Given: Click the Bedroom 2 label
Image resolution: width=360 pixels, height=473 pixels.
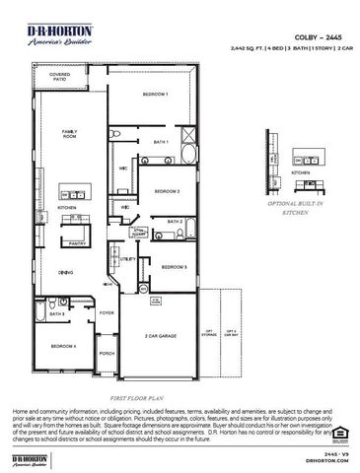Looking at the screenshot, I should pyautogui.click(x=165, y=191).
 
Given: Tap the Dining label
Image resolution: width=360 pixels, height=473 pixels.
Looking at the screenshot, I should pyautogui.click(x=65, y=272).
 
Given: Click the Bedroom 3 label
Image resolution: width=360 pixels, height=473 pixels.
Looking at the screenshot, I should pyautogui.click(x=174, y=267).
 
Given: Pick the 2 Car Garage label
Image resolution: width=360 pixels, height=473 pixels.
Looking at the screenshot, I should pyautogui.click(x=161, y=336).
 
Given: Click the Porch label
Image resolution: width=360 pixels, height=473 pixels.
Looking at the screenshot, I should pyautogui.click(x=107, y=353).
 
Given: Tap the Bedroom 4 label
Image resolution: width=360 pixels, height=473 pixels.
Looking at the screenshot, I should pyautogui.click(x=63, y=346).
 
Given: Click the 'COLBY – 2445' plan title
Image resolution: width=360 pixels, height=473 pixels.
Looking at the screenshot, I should pyautogui.click(x=313, y=34).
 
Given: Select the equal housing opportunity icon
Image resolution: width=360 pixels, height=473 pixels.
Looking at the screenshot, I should pyautogui.click(x=340, y=431).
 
